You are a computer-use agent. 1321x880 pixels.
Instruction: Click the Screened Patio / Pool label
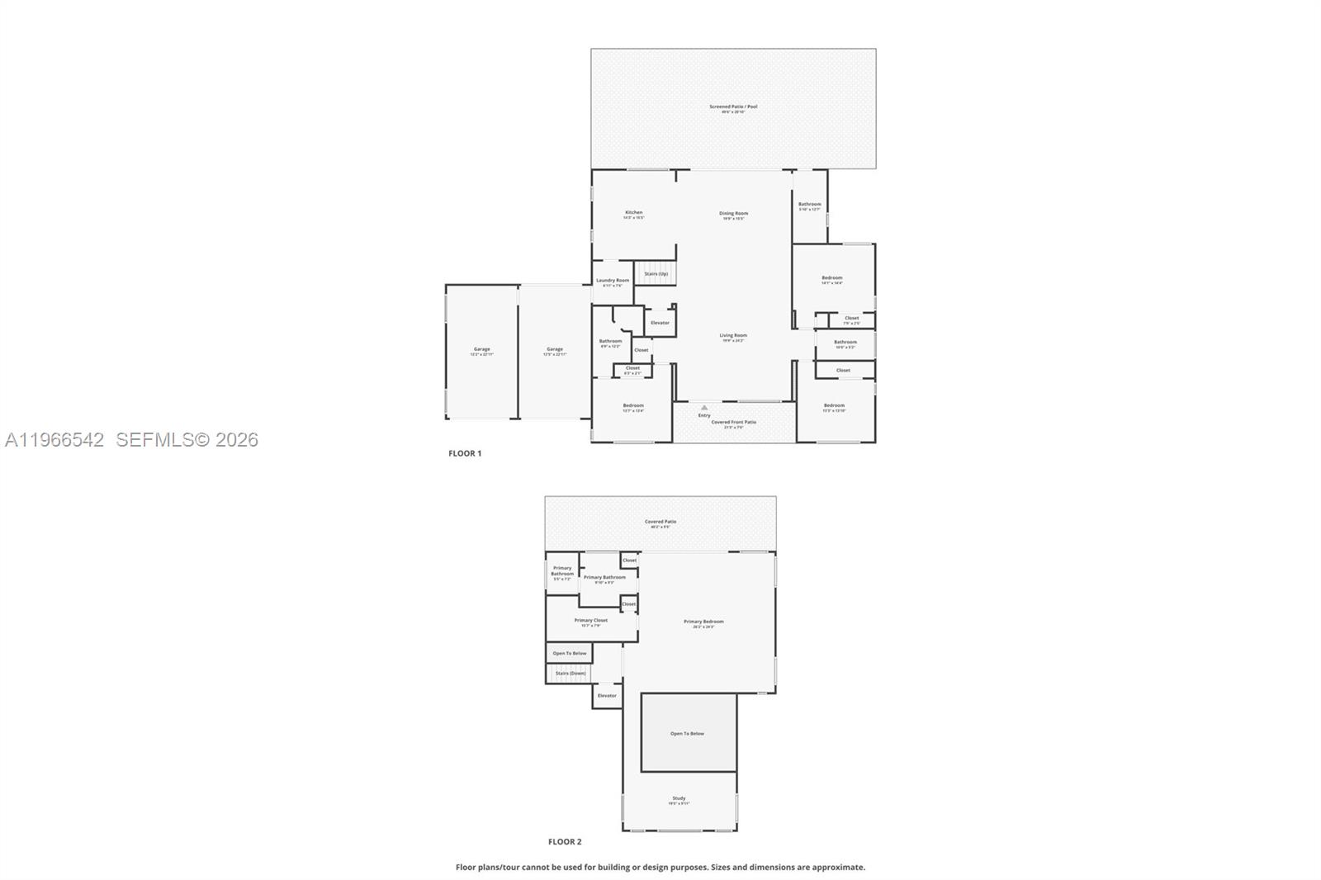(733, 106)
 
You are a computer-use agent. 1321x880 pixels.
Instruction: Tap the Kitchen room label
(633, 213)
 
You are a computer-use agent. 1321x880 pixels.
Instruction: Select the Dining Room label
(733, 214)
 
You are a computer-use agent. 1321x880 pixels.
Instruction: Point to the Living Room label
(733, 336)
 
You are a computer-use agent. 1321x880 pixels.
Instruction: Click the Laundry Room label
(613, 281)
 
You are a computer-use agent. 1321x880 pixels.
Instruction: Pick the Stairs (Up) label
(656, 274)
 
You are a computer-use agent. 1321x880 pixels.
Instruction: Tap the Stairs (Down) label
(571, 674)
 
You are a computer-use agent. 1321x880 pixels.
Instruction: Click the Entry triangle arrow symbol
(704, 407)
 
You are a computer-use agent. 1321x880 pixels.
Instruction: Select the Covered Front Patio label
(733, 423)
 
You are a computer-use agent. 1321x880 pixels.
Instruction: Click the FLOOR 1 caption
(465, 453)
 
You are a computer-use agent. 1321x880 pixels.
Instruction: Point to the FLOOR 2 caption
(565, 842)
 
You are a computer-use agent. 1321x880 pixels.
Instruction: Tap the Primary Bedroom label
(703, 622)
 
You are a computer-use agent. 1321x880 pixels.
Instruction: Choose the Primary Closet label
(590, 621)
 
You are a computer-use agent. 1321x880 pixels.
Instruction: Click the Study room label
(679, 798)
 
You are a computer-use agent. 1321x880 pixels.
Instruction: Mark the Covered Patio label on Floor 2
(660, 522)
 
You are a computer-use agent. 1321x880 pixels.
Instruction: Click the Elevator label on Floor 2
(607, 696)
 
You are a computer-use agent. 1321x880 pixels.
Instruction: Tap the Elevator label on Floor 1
(660, 323)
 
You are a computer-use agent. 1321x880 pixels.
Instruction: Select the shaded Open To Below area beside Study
(689, 734)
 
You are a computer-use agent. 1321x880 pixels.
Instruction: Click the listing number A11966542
(54, 440)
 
